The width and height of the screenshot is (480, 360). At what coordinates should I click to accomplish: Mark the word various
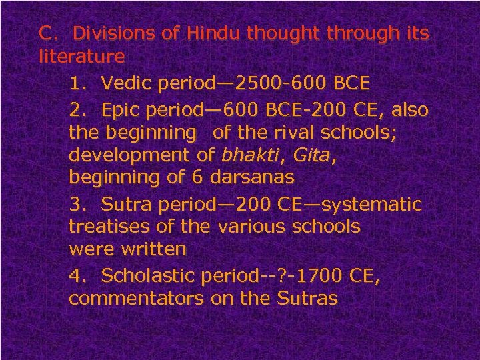point(250,227)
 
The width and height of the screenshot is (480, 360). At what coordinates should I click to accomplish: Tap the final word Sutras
point(311,297)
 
